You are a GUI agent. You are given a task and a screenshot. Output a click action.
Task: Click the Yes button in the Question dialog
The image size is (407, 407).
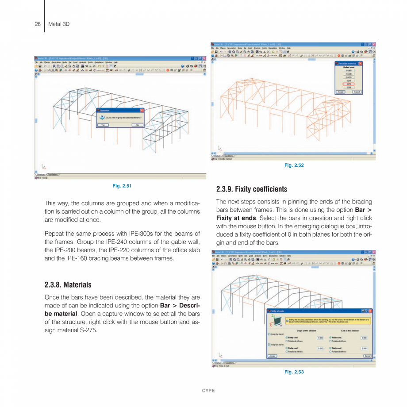[103, 125]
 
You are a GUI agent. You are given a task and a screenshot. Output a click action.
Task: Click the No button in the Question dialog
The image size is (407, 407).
[137, 125]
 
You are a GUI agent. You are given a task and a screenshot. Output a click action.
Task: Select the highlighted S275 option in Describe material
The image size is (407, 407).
[349, 84]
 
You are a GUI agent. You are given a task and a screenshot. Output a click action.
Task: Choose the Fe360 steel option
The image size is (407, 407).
[349, 70]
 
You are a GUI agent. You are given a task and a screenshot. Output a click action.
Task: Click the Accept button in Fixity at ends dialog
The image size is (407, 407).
[273, 356]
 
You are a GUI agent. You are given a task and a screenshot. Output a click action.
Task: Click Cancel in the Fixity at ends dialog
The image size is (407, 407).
[367, 356]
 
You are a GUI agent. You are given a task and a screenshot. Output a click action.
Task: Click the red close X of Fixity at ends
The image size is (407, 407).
[370, 311]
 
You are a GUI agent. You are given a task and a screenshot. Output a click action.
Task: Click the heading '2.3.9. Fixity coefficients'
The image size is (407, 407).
[251, 189]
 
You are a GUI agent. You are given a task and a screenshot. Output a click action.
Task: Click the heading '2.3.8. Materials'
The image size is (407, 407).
[68, 284]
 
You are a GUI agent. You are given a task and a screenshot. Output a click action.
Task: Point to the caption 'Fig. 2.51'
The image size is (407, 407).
[122, 186]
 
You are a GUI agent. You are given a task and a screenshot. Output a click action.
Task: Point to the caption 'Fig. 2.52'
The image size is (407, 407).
[294, 165]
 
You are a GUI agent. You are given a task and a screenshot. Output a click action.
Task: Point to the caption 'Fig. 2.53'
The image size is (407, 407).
[294, 372]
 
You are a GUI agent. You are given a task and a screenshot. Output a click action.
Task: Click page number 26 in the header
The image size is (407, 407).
[38, 24]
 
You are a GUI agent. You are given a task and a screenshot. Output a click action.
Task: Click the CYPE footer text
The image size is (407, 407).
[208, 391]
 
